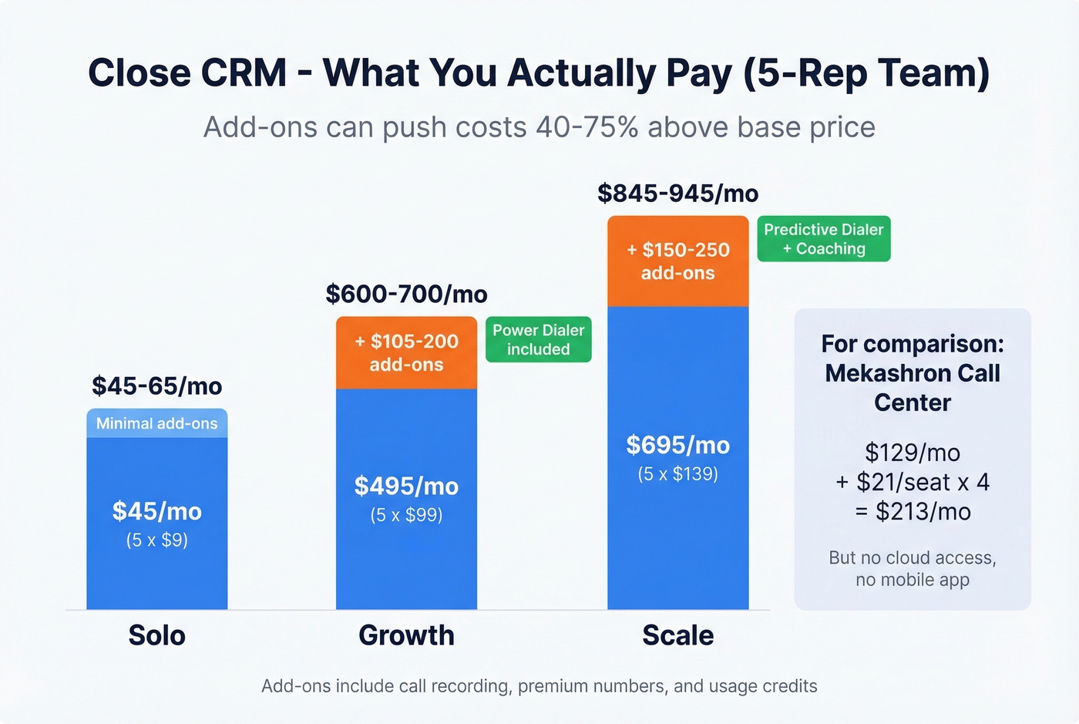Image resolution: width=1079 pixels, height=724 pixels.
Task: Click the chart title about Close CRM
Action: pyautogui.click(x=539, y=73)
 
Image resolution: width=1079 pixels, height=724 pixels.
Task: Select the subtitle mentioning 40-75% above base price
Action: pyautogui.click(x=539, y=127)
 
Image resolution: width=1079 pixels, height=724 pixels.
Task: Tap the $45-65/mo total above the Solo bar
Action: pyautogui.click(x=156, y=386)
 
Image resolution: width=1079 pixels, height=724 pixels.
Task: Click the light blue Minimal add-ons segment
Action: pyautogui.click(x=156, y=423)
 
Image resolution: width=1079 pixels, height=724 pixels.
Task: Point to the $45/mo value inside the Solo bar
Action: pyautogui.click(x=156, y=511)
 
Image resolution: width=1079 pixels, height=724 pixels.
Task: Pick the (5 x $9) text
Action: pyautogui.click(x=156, y=540)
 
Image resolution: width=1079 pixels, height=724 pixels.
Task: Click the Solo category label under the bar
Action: pyautogui.click(x=156, y=635)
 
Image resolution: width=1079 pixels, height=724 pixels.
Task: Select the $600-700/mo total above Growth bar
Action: pyautogui.click(x=406, y=294)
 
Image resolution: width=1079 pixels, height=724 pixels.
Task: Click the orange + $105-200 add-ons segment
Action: pyautogui.click(x=406, y=352)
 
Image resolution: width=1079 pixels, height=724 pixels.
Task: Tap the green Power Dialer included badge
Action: pyautogui.click(x=538, y=339)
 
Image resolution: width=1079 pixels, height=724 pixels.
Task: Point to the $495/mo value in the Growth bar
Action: pyautogui.click(x=406, y=486)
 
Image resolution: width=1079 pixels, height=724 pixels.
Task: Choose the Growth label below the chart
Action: pyautogui.click(x=406, y=635)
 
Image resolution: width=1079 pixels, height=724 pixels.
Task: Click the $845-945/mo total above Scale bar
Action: pyautogui.click(x=677, y=193)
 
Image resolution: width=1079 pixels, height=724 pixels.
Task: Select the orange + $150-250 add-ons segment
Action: pyautogui.click(x=677, y=261)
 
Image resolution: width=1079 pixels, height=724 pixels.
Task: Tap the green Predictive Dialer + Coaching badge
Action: pyautogui.click(x=823, y=239)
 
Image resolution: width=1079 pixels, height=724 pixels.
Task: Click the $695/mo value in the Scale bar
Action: pyautogui.click(x=677, y=445)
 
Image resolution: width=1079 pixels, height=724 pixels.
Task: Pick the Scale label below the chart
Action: pyautogui.click(x=677, y=635)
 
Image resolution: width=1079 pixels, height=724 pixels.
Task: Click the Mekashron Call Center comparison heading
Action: pyautogui.click(x=913, y=373)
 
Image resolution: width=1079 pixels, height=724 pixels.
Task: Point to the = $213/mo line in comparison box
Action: pyautogui.click(x=913, y=511)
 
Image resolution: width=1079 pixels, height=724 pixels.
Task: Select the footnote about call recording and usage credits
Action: pyautogui.click(x=539, y=686)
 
